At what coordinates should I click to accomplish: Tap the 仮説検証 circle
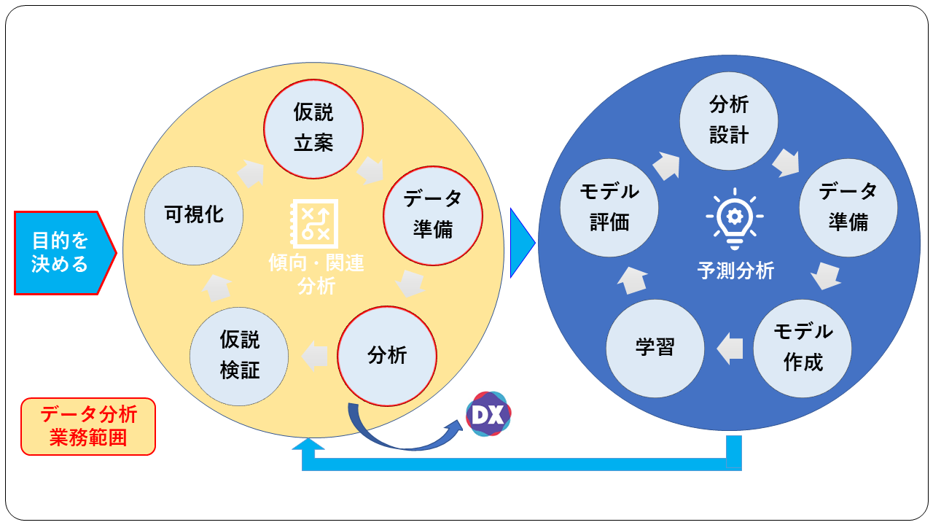click(239, 355)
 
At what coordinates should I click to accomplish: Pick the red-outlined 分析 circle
click(387, 355)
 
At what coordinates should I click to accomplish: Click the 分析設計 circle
click(729, 120)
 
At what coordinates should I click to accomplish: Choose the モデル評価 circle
click(609, 208)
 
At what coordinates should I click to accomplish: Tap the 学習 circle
click(655, 348)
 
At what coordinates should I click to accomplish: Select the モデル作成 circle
click(803, 348)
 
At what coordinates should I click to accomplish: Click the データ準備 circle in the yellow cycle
click(433, 214)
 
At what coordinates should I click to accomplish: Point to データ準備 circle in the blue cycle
click(848, 208)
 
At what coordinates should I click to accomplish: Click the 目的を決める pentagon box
click(62, 252)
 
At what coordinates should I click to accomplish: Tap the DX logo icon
click(488, 414)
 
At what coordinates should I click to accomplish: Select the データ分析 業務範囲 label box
click(88, 427)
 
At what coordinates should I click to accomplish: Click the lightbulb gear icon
click(734, 217)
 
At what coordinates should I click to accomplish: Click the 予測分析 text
click(735, 271)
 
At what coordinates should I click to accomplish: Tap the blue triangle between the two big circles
click(521, 243)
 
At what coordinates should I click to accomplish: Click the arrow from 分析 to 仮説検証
click(315, 355)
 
